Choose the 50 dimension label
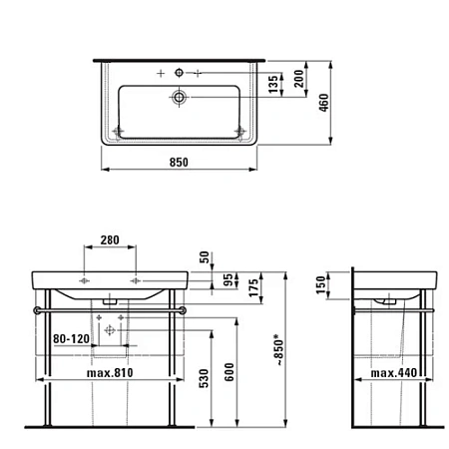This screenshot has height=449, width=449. point(206,258)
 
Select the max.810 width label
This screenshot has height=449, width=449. point(110,372)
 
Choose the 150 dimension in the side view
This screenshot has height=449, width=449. point(320,284)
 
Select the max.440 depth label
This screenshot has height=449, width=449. point(394,372)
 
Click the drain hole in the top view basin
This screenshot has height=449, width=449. point(178,97)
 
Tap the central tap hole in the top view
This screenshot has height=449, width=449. point(178,73)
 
